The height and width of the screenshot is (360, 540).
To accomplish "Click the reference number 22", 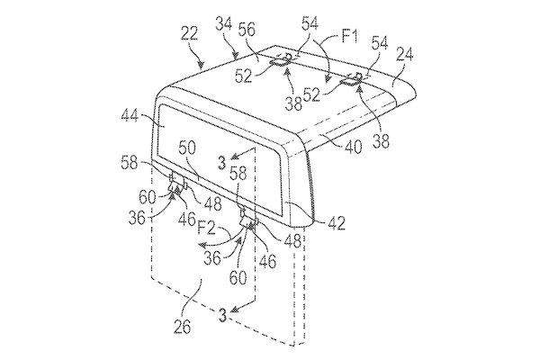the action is point(189,35).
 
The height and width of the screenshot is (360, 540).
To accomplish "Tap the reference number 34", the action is point(224,25).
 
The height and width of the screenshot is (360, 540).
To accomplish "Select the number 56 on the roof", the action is point(247,31).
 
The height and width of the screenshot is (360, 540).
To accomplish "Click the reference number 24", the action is point(404,55).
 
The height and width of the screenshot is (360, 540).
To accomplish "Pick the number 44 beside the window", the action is point(130,116).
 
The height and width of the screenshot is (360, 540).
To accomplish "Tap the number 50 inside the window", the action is point(187,148).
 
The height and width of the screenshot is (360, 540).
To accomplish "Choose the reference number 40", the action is point(354,147).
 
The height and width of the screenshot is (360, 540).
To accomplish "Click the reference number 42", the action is point(336,223).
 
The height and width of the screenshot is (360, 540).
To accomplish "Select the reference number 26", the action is point(182,327).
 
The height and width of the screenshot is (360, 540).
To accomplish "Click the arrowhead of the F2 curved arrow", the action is point(202,246).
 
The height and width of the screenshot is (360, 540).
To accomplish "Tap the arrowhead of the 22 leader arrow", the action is point(202,65).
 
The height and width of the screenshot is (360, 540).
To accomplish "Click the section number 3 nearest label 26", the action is point(223,315).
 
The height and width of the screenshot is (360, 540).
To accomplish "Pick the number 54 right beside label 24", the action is point(379,44).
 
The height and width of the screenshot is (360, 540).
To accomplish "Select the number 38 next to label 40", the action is point(381,141).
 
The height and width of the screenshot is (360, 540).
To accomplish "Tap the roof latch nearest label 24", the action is point(352,79).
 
